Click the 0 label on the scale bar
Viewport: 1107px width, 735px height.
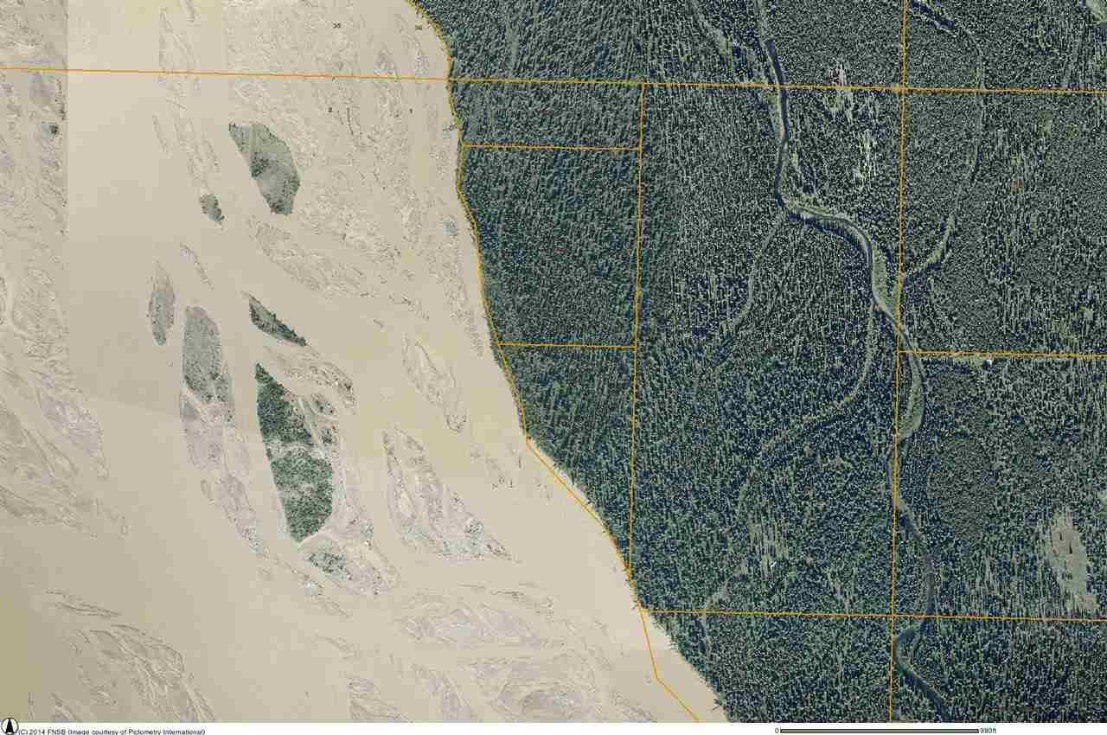[x=776, y=731]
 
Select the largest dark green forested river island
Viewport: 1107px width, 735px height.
[x=294, y=454]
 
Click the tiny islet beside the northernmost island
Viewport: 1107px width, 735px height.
[x=211, y=208]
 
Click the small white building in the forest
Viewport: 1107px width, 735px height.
[x=989, y=361]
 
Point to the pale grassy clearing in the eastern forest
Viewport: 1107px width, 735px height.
[x=1068, y=553]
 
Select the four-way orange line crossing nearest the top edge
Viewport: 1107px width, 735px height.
[x=903, y=88]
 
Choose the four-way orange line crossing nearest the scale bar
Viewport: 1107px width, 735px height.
[x=893, y=615]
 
